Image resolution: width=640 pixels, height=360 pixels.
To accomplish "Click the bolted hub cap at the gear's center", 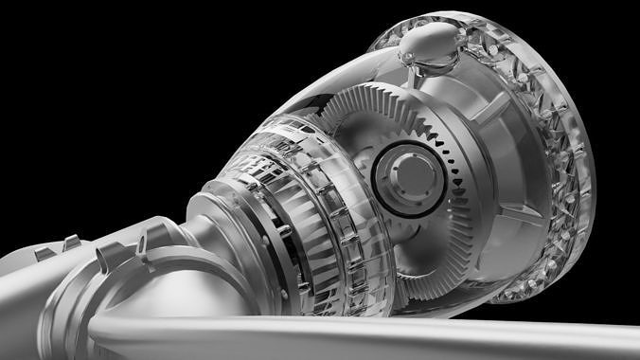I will pos(408,175).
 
